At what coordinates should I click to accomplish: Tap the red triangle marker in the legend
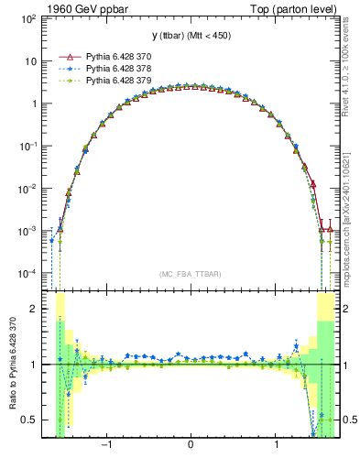pos(65,56)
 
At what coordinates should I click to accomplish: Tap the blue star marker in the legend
pos(65,68)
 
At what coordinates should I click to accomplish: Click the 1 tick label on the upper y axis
pos(35,104)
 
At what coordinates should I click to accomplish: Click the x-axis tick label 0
pos(191,445)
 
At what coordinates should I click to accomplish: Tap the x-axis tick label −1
pos(106,445)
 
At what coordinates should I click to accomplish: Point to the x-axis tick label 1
pos(277,445)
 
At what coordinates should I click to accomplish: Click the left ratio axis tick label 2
pos(35,309)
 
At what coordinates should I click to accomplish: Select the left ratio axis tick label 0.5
pos(31,420)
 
